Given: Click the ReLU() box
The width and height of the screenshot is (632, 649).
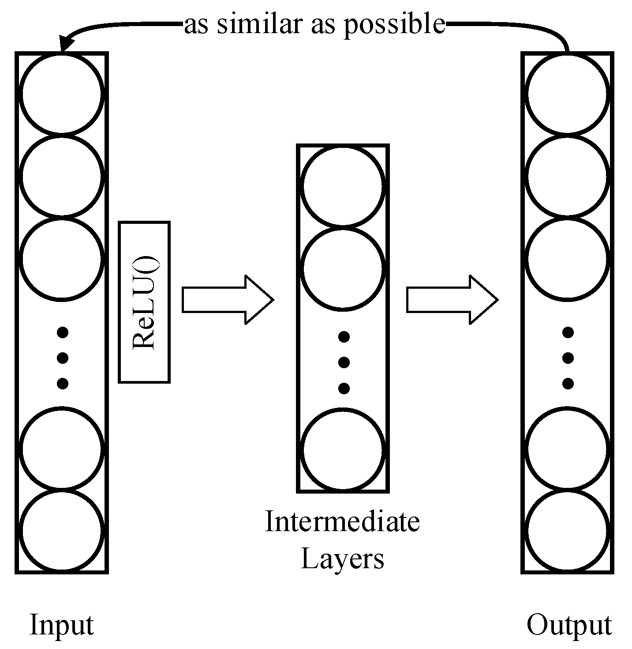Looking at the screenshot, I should (x=144, y=302).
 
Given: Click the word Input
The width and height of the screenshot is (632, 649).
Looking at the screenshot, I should (x=62, y=625).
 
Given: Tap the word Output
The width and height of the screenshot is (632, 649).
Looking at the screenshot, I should (x=569, y=625).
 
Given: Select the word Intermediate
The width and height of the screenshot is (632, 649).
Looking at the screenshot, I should (x=342, y=522).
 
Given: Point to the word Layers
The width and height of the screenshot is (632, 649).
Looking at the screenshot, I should (x=342, y=559).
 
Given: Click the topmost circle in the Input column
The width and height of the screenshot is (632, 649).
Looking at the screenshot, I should (x=62, y=93).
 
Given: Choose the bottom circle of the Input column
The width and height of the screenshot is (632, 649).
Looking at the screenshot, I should (x=62, y=532).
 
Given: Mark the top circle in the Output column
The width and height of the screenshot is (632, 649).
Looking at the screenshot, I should (x=568, y=93).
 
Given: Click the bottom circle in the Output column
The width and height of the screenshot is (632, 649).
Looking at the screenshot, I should (x=568, y=532).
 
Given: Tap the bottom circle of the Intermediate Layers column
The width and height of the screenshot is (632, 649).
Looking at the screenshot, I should (x=343, y=450).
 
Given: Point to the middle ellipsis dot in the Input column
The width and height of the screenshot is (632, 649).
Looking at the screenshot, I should (x=63, y=357).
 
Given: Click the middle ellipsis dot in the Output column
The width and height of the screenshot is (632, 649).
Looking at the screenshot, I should (x=568, y=357).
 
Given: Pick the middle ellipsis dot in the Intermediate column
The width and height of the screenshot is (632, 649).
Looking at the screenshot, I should (x=344, y=362).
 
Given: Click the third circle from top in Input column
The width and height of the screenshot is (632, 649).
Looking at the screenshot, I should (x=62, y=259).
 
